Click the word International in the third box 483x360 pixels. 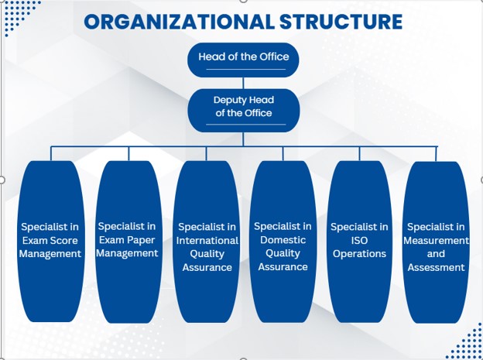(207, 241)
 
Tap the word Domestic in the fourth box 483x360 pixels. (283, 240)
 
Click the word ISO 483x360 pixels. (359, 241)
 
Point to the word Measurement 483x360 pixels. (437, 240)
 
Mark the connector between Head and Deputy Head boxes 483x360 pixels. (243, 82)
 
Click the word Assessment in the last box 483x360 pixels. (436, 268)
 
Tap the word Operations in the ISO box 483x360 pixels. (359, 254)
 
